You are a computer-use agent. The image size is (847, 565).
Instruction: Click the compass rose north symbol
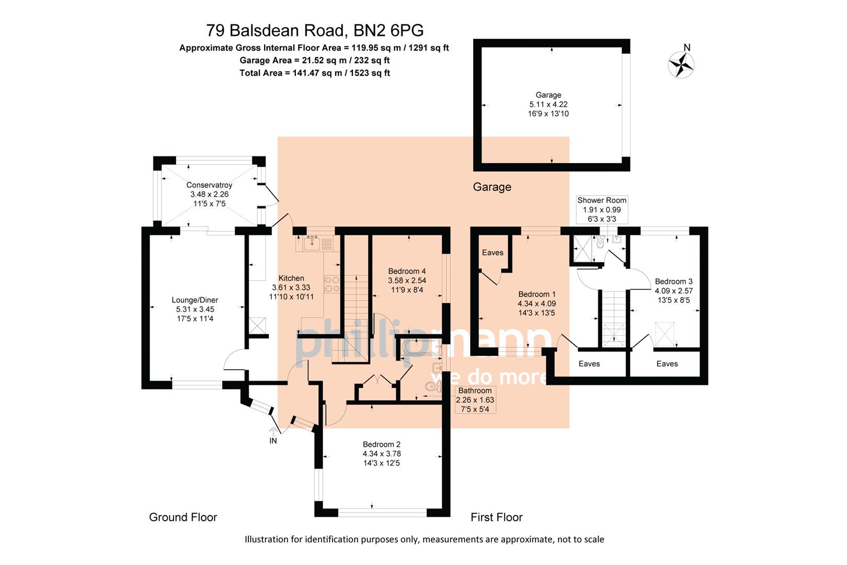[x=681, y=65]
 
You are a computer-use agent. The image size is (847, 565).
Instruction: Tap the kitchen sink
[x=312, y=243]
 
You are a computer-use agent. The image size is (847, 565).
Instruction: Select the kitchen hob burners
[x=331, y=284]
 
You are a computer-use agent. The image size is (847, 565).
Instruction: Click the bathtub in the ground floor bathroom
[x=421, y=346]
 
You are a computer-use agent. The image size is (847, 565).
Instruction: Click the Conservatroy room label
[x=209, y=185]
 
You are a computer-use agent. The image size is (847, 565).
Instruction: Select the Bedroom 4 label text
[x=407, y=271]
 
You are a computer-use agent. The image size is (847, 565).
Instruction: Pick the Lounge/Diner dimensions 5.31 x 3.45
[x=195, y=309]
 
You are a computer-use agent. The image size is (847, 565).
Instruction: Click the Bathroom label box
[x=475, y=400]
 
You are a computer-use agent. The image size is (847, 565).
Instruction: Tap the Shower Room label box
[x=602, y=209]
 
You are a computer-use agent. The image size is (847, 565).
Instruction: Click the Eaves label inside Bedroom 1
[x=493, y=253]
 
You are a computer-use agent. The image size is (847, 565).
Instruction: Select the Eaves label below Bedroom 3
[x=667, y=364]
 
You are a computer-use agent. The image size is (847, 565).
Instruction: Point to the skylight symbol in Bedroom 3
[x=665, y=335]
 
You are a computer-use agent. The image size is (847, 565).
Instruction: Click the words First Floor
[x=496, y=517]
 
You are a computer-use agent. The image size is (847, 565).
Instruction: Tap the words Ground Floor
[x=183, y=517]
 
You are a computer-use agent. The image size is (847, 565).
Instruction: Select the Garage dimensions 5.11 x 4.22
[x=548, y=104]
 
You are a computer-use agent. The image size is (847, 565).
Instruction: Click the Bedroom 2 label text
[x=382, y=444]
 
